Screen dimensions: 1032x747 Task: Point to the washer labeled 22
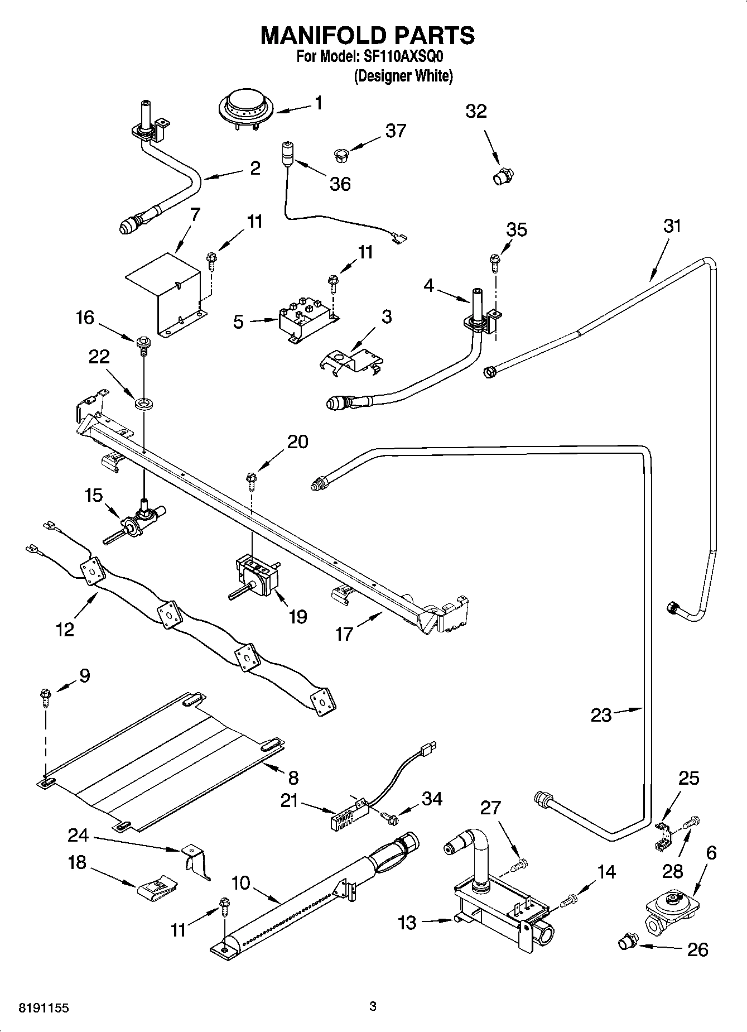click(144, 401)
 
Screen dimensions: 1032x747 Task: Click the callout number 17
click(344, 633)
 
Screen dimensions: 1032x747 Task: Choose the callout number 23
click(601, 715)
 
